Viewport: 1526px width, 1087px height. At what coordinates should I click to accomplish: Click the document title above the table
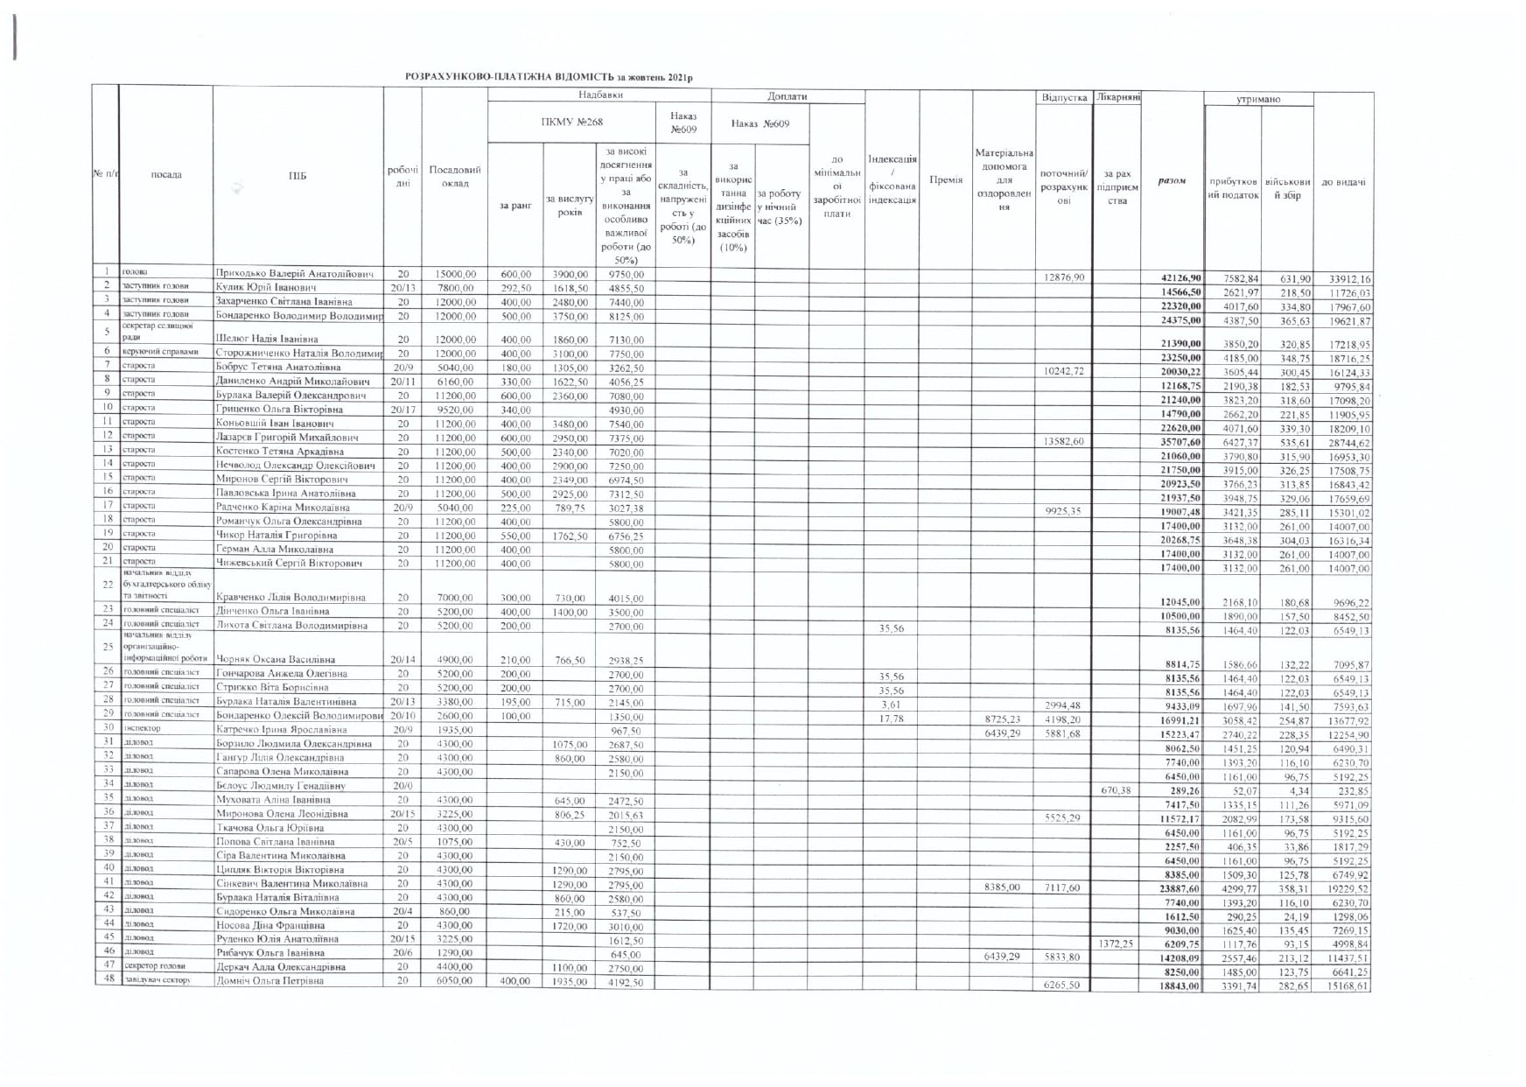pyautogui.click(x=549, y=77)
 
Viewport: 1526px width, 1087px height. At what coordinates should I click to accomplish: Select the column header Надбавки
pyautogui.click(x=600, y=95)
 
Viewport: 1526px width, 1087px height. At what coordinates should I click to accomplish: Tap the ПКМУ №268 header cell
pyautogui.click(x=571, y=123)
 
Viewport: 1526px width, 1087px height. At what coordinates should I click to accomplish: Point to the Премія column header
pyautogui.click(x=946, y=180)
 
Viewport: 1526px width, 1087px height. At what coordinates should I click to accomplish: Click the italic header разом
pyautogui.click(x=1172, y=181)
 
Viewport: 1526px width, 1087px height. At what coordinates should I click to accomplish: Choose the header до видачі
pyautogui.click(x=1343, y=182)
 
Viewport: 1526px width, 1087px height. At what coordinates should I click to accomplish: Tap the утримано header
pyautogui.click(x=1258, y=99)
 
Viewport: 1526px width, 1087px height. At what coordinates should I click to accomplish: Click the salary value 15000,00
pyautogui.click(x=454, y=275)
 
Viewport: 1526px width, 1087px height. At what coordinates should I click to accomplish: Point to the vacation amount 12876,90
pyautogui.click(x=1063, y=277)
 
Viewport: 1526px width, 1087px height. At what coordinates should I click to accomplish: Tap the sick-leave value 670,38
pyautogui.click(x=1116, y=790)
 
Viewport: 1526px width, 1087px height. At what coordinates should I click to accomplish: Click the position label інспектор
pyautogui.click(x=143, y=728)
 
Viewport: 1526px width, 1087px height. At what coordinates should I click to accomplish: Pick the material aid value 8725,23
pyautogui.click(x=1002, y=719)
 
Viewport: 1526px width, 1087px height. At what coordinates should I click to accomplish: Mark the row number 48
pyautogui.click(x=107, y=980)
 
